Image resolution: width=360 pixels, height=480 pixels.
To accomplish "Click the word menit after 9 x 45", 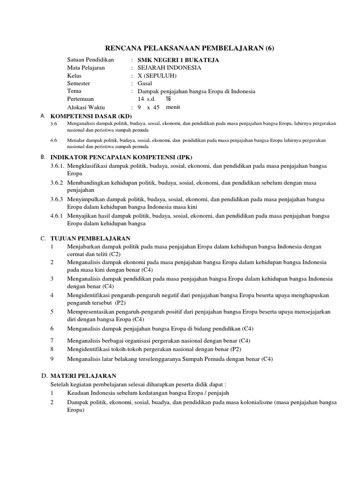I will tap(173, 107).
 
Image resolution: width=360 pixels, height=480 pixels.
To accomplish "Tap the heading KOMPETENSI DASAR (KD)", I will tap(91, 116).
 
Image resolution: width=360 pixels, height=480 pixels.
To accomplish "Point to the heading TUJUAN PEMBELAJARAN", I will tap(90, 239).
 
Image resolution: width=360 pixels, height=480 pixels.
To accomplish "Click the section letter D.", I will tap(44, 376).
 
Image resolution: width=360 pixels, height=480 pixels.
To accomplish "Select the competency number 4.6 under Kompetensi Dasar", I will tap(53, 140).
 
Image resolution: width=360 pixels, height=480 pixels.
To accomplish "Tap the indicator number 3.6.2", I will tap(57, 182).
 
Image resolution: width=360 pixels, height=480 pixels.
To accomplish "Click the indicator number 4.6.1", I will tap(57, 216).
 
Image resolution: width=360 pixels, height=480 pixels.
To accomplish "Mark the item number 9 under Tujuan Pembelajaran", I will tap(52, 359).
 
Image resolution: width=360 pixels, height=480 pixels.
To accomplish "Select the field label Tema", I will tap(74, 91).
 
